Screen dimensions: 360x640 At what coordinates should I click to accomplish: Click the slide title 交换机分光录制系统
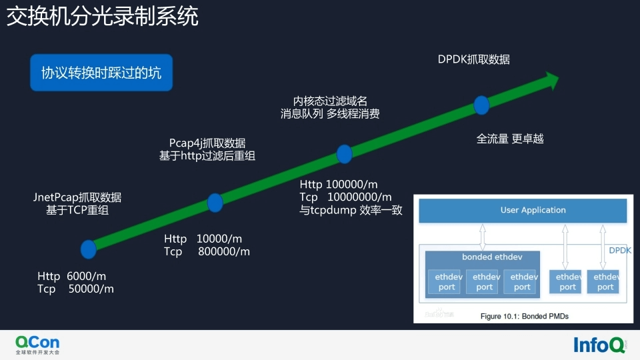point(103,17)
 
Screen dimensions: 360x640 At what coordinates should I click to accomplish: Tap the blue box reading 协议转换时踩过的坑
point(101,73)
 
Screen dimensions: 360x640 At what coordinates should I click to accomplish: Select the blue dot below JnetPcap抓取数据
point(88,249)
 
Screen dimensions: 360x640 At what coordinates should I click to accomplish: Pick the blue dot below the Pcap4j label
point(215,202)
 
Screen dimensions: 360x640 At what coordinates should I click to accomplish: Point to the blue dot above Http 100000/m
point(344,154)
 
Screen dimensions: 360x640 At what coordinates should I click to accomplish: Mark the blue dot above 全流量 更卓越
point(481,105)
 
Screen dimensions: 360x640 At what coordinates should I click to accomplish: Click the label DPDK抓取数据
point(473,59)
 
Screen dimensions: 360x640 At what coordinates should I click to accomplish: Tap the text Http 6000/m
point(72,276)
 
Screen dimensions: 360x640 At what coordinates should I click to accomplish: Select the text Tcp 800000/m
point(207,251)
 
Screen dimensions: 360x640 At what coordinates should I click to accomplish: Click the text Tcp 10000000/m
point(345,197)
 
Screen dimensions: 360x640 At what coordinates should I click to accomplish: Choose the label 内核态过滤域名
point(330,101)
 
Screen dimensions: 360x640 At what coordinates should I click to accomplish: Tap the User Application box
point(523,211)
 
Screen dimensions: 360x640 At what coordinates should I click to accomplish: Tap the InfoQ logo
point(599,345)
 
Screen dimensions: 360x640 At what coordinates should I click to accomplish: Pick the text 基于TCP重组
point(77,210)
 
